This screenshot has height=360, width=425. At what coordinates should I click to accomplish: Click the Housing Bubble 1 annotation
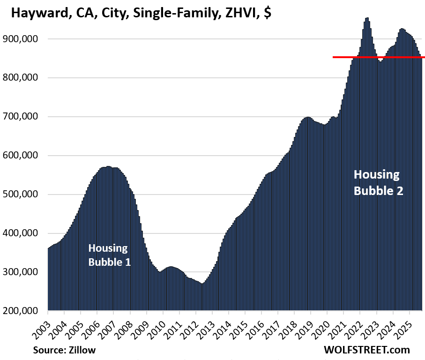(109, 255)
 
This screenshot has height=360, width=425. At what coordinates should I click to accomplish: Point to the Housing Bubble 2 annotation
(378, 183)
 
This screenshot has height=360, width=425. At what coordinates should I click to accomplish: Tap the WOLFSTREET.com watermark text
(366, 350)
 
